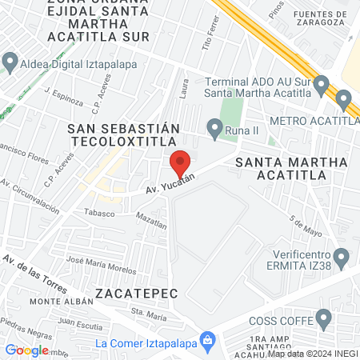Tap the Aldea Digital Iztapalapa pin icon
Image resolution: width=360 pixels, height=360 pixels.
(x=10, y=62)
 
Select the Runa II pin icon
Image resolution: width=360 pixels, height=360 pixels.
(x=214, y=126)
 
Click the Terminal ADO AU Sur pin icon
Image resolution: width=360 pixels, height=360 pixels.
(x=322, y=84)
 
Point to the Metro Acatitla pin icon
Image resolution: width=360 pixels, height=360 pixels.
(x=345, y=101)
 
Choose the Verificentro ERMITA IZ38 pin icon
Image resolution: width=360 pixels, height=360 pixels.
(x=342, y=258)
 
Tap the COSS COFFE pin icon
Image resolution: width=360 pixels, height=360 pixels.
(x=324, y=319)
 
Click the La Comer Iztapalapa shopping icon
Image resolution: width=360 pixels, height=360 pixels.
(x=207, y=342)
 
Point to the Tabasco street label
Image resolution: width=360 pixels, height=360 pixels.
(x=99, y=213)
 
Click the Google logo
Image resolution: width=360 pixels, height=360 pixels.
(x=27, y=350)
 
